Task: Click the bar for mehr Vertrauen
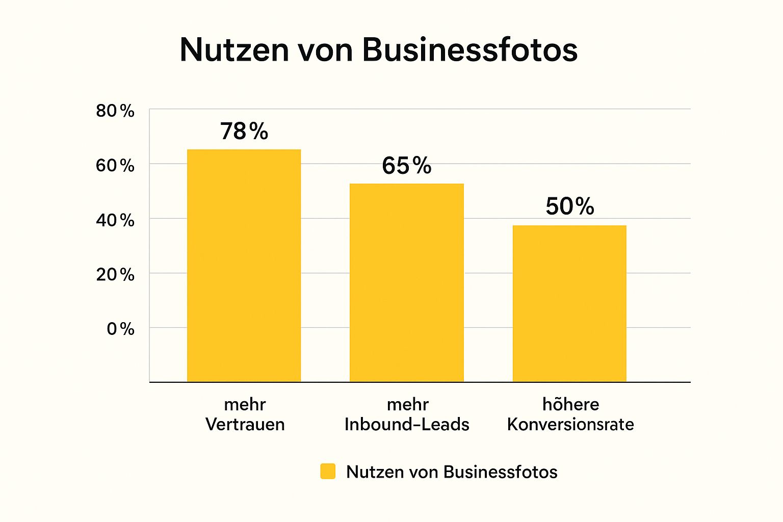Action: [244, 265]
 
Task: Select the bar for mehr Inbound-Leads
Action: [406, 282]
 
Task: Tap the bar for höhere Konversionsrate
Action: [569, 303]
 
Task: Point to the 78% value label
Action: [244, 132]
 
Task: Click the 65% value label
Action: [407, 166]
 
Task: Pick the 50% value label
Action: [570, 206]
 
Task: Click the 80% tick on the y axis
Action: [115, 111]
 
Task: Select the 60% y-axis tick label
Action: [115, 166]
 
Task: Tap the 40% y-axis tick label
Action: [115, 220]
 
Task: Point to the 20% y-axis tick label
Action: [115, 275]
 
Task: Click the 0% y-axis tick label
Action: [120, 329]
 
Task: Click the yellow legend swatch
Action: [328, 472]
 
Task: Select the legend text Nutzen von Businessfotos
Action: [452, 472]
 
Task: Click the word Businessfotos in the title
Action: [469, 50]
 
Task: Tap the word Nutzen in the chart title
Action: [234, 50]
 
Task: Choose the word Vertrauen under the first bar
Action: [245, 425]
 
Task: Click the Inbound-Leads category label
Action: [407, 425]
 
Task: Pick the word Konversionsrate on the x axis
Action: [570, 425]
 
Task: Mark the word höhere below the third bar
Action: [570, 404]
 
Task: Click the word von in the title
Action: [324, 50]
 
